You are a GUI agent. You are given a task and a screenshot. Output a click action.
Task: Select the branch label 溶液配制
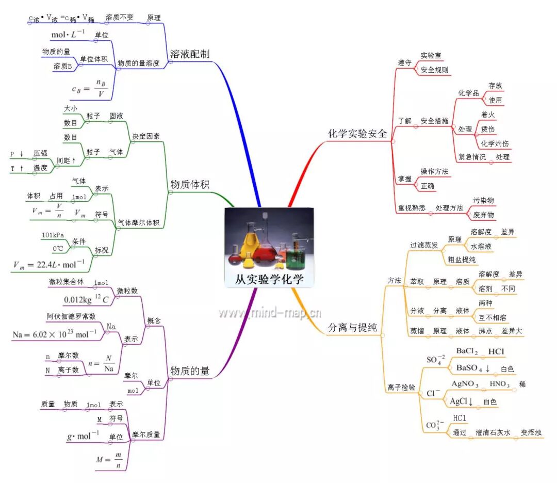coord(189,54)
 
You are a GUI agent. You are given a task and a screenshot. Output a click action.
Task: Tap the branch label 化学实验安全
coord(357,133)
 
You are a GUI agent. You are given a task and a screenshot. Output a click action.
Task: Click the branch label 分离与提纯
coord(352,327)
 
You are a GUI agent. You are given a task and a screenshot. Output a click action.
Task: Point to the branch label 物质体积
coord(189,184)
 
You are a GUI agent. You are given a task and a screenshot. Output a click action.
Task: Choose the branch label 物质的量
coord(189,371)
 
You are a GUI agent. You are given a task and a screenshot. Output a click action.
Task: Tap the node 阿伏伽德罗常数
coord(71,316)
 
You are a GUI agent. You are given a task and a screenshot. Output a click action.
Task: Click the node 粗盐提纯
coord(462,259)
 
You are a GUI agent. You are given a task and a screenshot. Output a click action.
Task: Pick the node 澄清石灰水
coord(493,433)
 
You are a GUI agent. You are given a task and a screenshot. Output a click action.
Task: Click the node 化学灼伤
coord(494,143)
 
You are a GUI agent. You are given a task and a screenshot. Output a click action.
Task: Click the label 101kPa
coord(53,235)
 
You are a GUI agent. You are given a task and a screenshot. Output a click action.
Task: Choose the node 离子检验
coord(401,387)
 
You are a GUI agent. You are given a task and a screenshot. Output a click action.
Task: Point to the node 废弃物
coord(483,214)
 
